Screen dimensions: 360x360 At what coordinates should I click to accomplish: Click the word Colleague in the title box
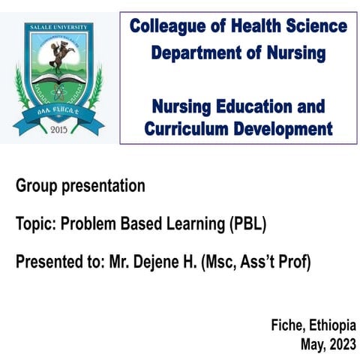166,28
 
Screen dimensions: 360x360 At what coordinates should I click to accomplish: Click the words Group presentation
80,186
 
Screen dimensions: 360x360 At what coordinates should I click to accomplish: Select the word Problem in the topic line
87,224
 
